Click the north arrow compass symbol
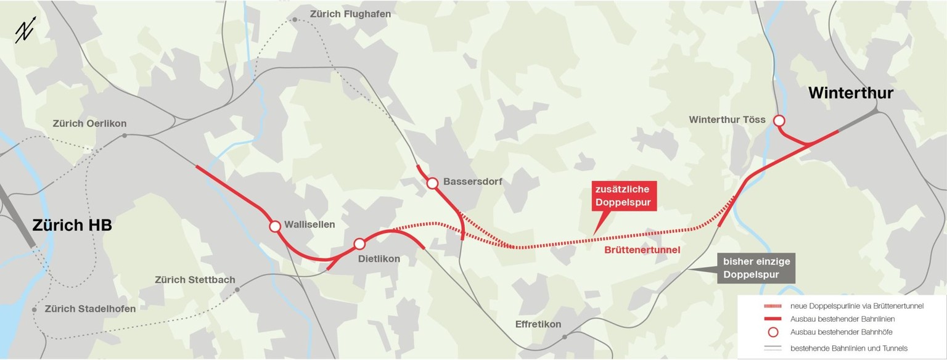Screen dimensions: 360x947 click(25, 32)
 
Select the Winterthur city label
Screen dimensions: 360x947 click(850, 93)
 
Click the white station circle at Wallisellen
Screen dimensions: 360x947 click(275, 226)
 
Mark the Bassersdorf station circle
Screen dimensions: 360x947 click(432, 182)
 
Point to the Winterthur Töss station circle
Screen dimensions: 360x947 click(779, 120)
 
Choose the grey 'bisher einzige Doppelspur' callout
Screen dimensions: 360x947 click(756, 268)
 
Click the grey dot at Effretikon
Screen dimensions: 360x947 click(565, 337)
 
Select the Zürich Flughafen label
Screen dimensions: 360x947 click(350, 14)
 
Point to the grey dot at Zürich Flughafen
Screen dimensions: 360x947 click(295, 20)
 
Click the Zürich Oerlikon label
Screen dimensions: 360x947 click(89, 123)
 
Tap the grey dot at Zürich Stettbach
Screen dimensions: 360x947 click(237, 289)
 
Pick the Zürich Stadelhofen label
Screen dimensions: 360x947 click(90, 309)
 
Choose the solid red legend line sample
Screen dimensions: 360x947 click(773, 319)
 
